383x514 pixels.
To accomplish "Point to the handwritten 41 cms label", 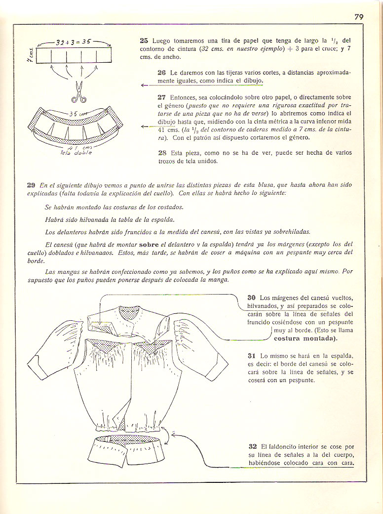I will pos(77,147).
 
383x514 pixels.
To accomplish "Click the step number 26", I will pos(161,72).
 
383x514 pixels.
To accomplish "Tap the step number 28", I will pos(161,153).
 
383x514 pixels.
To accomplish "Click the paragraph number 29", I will pos(31,185).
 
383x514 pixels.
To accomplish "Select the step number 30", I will pos(252,298).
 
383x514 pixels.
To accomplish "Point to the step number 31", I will pos(252,355).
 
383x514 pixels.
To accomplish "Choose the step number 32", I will pos(252,446).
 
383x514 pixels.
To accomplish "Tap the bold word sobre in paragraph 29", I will pos(149,244).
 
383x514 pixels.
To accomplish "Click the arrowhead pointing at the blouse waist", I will pos(174,433).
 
